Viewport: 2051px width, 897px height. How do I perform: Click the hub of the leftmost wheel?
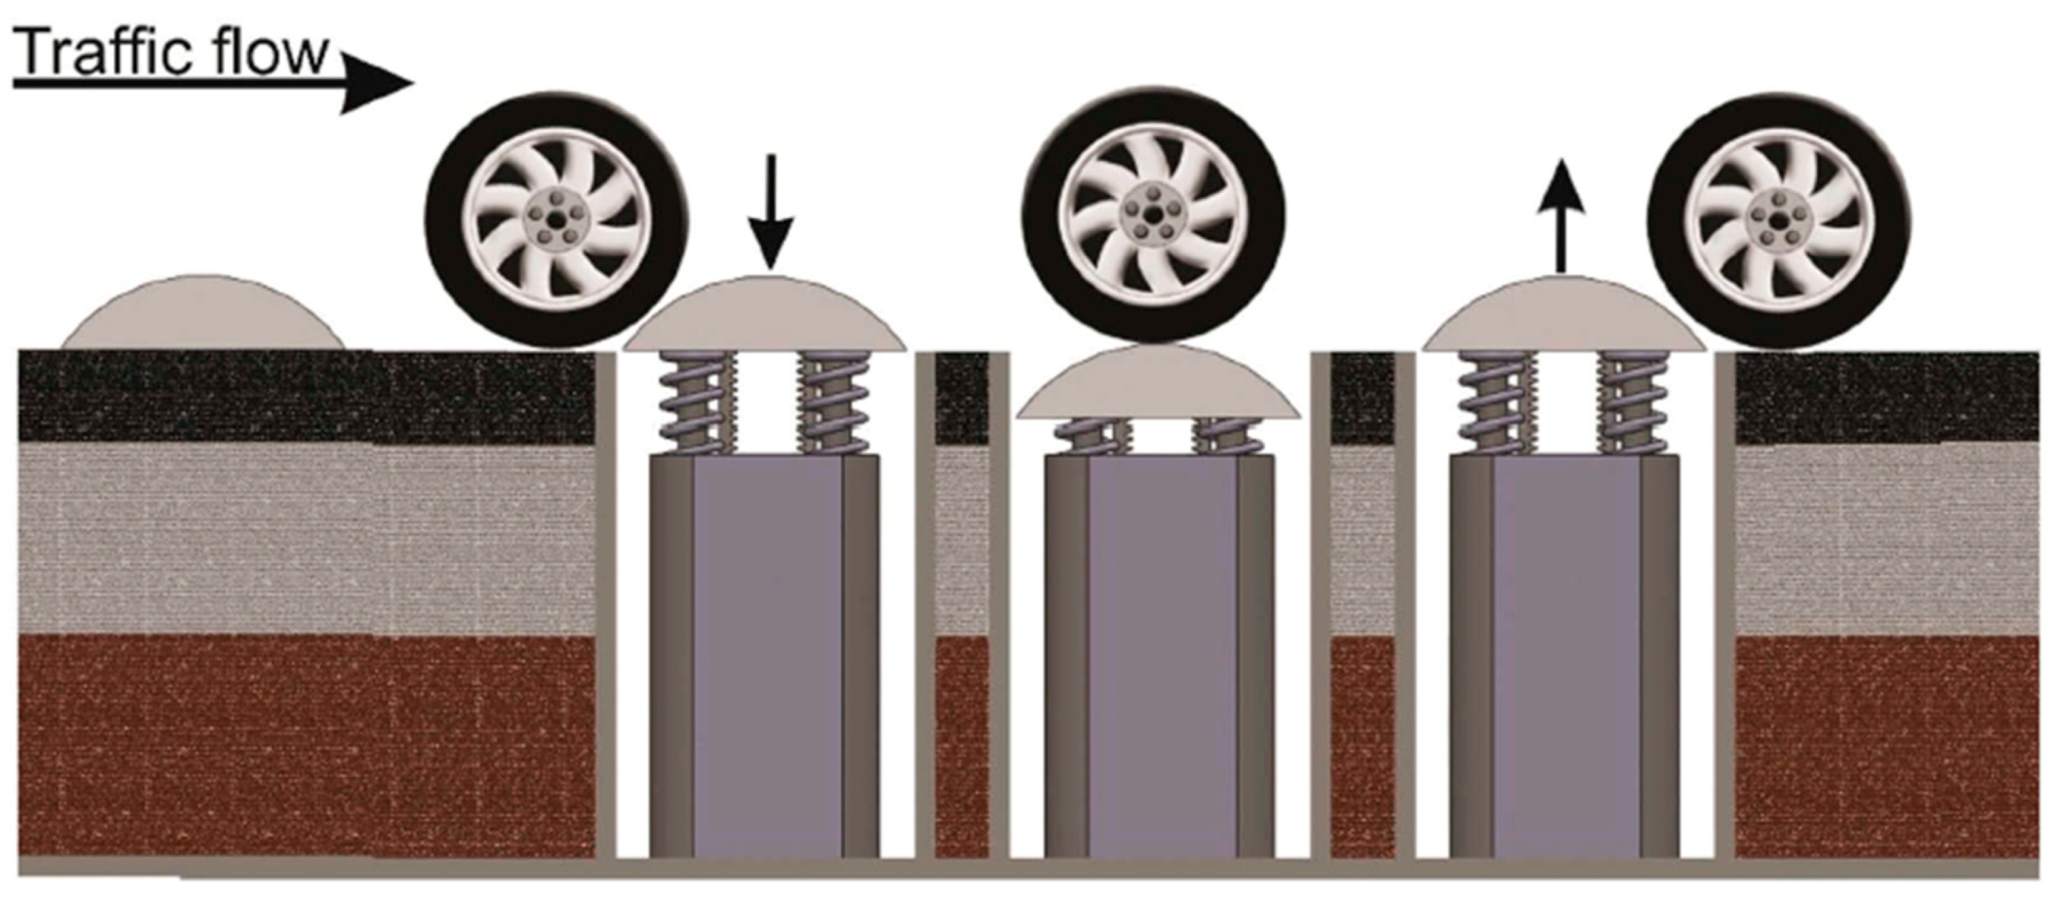[558, 219]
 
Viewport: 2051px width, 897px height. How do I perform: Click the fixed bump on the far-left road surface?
[204, 312]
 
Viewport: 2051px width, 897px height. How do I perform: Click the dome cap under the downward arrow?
[765, 314]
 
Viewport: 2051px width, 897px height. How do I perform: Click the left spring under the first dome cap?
[695, 403]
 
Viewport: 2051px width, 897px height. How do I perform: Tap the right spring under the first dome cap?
[834, 403]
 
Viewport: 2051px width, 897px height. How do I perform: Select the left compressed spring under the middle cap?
[1090, 437]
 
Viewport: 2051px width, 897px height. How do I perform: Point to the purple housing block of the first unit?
[765, 656]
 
